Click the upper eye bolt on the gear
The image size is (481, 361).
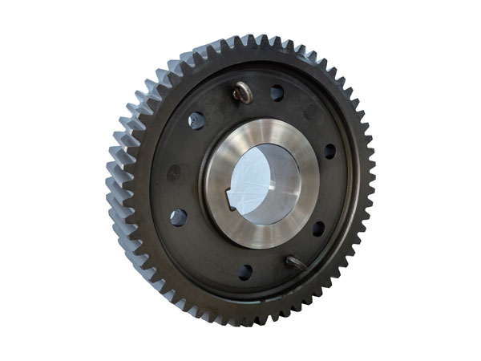244,95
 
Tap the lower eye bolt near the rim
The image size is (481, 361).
294,262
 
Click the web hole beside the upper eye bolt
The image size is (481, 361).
277,94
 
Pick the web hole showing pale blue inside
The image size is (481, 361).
196,120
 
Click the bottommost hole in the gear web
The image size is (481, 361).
245,272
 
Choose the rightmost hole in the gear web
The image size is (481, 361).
329,151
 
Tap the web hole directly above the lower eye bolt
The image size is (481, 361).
318,229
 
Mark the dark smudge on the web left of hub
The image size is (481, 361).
172,171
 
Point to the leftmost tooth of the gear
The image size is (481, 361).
110,193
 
